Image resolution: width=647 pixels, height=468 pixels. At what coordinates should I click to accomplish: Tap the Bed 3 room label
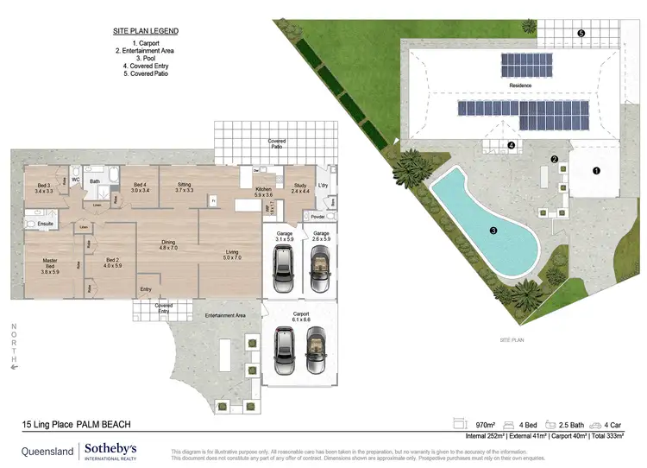pos(43,187)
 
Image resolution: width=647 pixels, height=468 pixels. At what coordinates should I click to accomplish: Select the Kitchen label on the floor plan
pos(263,192)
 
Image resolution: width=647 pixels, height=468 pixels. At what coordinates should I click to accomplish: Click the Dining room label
pos(167,245)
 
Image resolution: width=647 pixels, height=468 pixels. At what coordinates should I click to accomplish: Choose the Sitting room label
pos(184,187)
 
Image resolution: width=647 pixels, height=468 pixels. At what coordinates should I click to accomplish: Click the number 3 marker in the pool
pos(493,231)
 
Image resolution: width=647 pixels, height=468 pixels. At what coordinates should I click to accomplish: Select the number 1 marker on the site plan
pos(595,171)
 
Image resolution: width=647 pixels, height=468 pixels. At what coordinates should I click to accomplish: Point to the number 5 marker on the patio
pos(581,34)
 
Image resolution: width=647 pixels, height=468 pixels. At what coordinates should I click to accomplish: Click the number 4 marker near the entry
pos(512,146)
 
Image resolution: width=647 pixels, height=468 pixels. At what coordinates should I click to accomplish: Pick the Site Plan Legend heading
pos(146,31)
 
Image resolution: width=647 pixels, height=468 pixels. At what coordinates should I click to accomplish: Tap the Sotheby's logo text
pos(110,450)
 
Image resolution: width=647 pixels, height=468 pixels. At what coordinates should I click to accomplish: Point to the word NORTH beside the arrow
pos(13,340)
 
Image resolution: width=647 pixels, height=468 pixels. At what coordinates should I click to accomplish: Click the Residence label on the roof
pos(520,85)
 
